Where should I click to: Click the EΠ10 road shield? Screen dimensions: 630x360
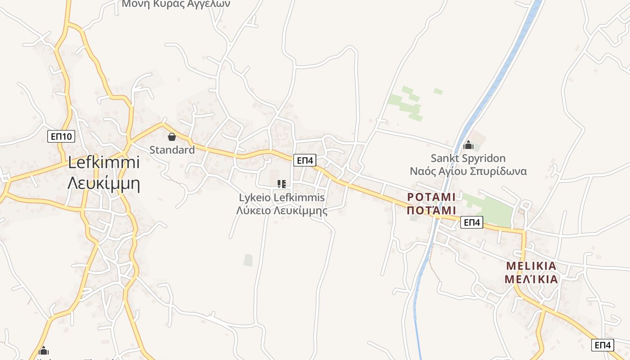pyautogui.click(x=61, y=136)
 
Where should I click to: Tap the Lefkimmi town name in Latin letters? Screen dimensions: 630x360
pyautogui.click(x=104, y=162)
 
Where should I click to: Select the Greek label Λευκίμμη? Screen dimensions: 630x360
pyautogui.click(x=104, y=183)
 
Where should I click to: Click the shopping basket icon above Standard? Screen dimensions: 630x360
pyautogui.click(x=171, y=137)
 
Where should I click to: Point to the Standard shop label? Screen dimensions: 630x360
pyautogui.click(x=172, y=150)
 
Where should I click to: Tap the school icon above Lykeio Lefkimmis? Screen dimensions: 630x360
pyautogui.click(x=282, y=184)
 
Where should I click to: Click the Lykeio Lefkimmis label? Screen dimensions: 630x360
pyautogui.click(x=282, y=197)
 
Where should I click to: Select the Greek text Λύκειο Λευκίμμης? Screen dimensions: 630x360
pyautogui.click(x=282, y=210)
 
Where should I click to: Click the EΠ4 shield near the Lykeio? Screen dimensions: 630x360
pyautogui.click(x=305, y=160)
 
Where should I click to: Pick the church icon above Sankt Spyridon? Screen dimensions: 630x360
pyautogui.click(x=468, y=145)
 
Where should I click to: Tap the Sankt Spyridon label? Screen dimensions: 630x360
pyautogui.click(x=468, y=158)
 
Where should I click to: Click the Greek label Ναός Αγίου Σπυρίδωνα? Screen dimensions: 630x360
pyautogui.click(x=468, y=171)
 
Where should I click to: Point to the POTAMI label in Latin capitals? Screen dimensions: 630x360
pyautogui.click(x=432, y=197)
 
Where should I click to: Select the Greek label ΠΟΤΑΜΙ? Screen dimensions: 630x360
pyautogui.click(x=432, y=210)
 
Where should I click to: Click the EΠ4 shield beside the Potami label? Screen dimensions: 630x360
pyautogui.click(x=472, y=222)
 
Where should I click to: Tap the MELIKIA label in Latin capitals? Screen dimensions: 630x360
pyautogui.click(x=531, y=265)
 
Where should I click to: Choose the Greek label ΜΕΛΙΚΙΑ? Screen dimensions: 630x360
pyautogui.click(x=531, y=279)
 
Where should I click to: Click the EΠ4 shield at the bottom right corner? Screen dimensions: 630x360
pyautogui.click(x=603, y=345)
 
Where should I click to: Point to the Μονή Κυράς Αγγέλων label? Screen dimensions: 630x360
pyautogui.click(x=176, y=4)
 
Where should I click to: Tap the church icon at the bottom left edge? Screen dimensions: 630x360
pyautogui.click(x=44, y=350)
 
